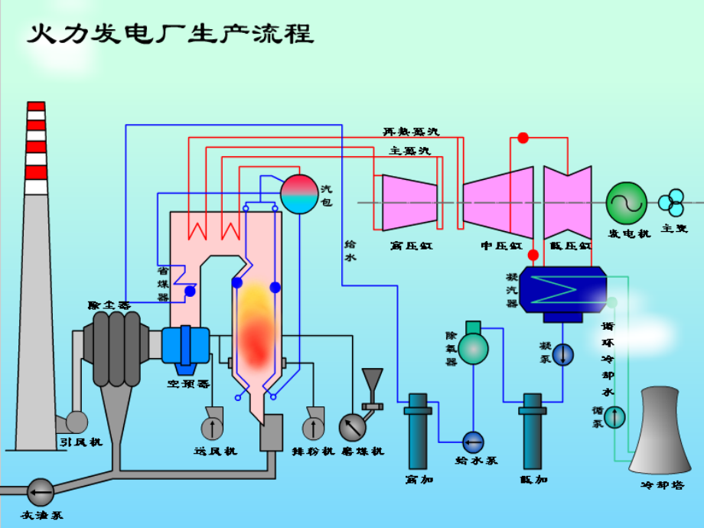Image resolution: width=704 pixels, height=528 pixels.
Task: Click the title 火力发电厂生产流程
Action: click(170, 34)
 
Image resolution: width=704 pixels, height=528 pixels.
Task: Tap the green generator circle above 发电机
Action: click(627, 202)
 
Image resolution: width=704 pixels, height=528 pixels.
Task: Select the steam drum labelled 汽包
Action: click(298, 194)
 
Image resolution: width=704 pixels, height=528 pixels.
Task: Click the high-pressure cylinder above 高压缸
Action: click(409, 203)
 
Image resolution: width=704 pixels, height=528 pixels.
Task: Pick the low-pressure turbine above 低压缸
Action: click(567, 202)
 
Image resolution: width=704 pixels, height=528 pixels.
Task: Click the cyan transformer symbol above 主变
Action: click(672, 203)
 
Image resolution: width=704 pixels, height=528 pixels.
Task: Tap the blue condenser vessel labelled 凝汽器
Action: click(563, 288)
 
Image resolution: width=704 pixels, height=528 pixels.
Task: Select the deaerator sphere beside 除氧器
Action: click(473, 348)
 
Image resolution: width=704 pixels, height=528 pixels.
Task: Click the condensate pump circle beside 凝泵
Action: click(562, 354)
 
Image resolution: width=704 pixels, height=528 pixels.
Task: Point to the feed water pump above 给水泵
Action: click(473, 442)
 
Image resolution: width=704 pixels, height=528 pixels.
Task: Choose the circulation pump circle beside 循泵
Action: click(615, 416)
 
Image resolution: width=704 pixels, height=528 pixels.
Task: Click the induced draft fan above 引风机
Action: click(77, 422)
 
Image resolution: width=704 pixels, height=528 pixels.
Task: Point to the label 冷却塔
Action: click(662, 485)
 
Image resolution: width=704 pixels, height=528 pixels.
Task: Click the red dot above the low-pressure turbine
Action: click(523, 139)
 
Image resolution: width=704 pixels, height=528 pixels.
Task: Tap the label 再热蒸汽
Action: click(411, 132)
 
